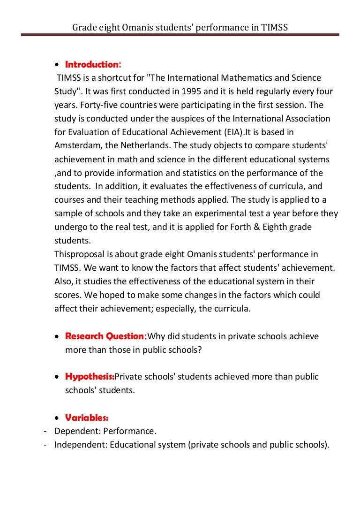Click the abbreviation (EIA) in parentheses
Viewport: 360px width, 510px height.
(237, 132)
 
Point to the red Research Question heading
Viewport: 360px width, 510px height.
(106, 336)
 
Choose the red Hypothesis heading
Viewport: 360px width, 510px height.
(90, 376)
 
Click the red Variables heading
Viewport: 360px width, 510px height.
(87, 417)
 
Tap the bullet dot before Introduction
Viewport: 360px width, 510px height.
(57, 65)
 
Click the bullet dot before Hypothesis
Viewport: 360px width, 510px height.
(57, 377)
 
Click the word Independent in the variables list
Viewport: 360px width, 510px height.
(80, 444)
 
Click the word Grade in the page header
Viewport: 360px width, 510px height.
(83, 28)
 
